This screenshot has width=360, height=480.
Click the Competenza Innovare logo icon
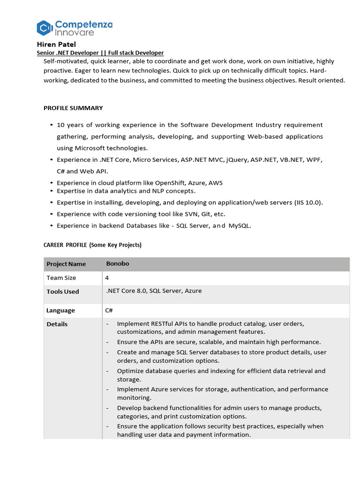coord(44,28)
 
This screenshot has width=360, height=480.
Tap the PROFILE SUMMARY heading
coord(73,108)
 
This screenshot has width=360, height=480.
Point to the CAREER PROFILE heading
coord(92,245)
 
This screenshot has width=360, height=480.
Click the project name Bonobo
coord(118,263)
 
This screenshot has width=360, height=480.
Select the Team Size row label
coord(61,277)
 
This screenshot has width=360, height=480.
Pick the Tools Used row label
coord(63,292)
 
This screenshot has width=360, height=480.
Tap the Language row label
coord(60,310)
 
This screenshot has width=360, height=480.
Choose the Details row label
coord(57,324)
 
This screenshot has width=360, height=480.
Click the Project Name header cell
coord(66,264)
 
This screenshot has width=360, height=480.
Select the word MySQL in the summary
coord(239,225)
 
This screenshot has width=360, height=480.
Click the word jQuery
coord(235,160)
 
